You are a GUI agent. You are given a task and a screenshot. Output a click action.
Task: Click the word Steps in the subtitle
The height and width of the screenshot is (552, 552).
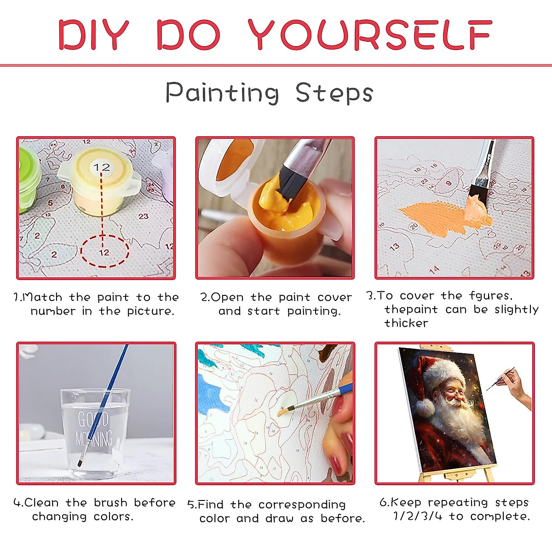(334, 93)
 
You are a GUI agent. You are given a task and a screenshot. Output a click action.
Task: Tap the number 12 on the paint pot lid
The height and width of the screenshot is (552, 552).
(101, 167)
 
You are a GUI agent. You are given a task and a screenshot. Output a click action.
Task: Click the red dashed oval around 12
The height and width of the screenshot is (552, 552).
(105, 251)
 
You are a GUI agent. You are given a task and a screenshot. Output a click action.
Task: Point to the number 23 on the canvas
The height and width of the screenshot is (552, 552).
(144, 216)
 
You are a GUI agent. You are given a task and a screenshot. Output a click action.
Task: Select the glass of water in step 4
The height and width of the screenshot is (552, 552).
(95, 432)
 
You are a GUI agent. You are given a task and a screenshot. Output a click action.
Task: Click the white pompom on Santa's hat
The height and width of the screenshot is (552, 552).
(425, 407)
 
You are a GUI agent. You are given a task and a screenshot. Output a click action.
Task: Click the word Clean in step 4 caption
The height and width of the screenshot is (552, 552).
(41, 503)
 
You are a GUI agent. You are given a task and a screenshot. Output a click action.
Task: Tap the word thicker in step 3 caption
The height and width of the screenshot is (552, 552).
(406, 323)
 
